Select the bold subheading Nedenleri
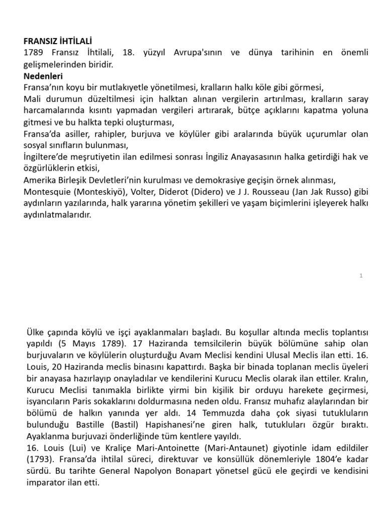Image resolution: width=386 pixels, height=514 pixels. pyautogui.click(x=43, y=76)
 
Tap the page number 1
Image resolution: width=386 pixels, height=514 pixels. pyautogui.click(x=361, y=275)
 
